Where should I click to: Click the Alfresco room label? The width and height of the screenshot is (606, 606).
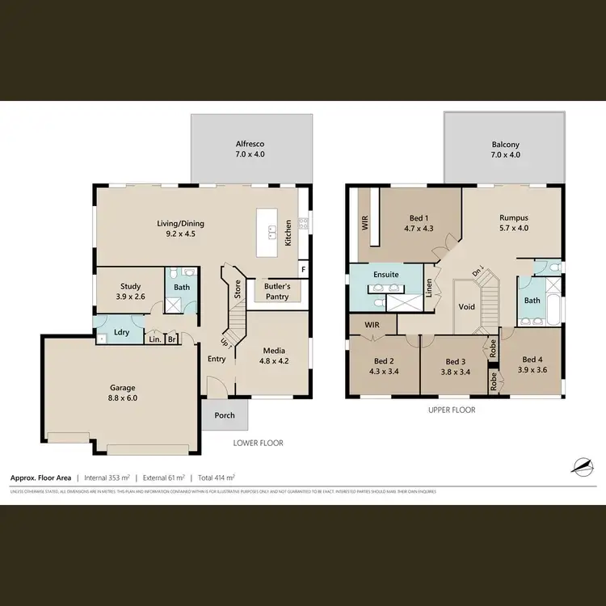[250, 143]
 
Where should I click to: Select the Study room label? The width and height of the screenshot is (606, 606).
[131, 286]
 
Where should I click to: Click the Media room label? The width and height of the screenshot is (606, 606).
[273, 351]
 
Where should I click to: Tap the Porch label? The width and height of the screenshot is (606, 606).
[225, 416]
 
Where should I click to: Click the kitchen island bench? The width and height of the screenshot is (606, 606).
[266, 233]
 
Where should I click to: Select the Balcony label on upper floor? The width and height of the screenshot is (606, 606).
[505, 145]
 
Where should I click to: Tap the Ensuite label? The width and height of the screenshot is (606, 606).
[385, 275]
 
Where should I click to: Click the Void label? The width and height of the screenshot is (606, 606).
[467, 307]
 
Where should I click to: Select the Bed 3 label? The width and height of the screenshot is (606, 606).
[456, 361]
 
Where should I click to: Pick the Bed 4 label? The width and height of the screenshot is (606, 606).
[532, 360]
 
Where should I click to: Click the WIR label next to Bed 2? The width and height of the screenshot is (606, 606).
[372, 325]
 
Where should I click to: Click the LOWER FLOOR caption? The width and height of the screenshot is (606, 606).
[258, 443]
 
